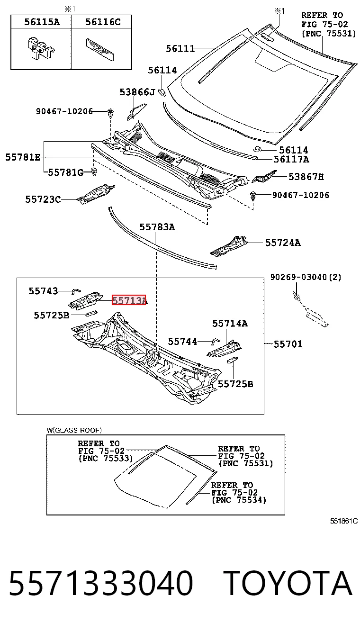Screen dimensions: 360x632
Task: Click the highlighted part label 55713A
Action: click(129, 300)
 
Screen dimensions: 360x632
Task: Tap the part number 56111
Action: click(180, 49)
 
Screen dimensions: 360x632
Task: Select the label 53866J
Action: click(137, 92)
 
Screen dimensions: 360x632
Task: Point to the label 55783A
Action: click(157, 227)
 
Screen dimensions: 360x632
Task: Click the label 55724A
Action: click(283, 243)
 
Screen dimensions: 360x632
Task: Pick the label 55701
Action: click(288, 344)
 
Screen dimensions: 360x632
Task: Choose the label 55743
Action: click(43, 291)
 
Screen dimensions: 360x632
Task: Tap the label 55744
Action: click(182, 342)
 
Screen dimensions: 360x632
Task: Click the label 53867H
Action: click(306, 177)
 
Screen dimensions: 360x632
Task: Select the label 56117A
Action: click(291, 160)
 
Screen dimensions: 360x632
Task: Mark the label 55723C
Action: click(43, 200)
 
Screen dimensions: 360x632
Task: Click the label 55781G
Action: click(66, 172)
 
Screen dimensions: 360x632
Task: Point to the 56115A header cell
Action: click(41, 22)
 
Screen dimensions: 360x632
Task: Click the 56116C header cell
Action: click(101, 22)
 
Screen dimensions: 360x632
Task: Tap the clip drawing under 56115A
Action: click(40, 48)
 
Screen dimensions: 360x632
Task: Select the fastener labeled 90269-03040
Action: click(296, 295)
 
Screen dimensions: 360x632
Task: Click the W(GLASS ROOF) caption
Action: click(74, 430)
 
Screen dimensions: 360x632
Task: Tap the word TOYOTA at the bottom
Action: click(289, 583)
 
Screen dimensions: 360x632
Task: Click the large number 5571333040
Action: click(101, 583)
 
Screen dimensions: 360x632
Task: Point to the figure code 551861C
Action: click(344, 521)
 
